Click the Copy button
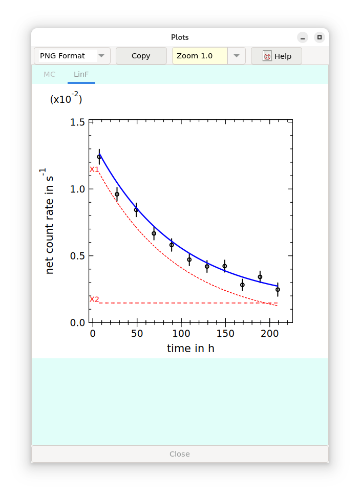141,56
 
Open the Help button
277,56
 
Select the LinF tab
81,74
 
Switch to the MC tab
49,74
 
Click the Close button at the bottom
180,454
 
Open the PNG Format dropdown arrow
101,56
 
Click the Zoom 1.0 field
200,56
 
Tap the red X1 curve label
94,169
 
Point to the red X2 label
94,299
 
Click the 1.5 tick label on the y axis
78,122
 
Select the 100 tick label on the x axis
181,334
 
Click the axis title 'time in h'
190,349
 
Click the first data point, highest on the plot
99,157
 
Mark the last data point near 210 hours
278,290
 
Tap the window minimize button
303,37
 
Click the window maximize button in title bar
319,37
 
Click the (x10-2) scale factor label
66,99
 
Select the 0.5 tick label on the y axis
78,256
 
